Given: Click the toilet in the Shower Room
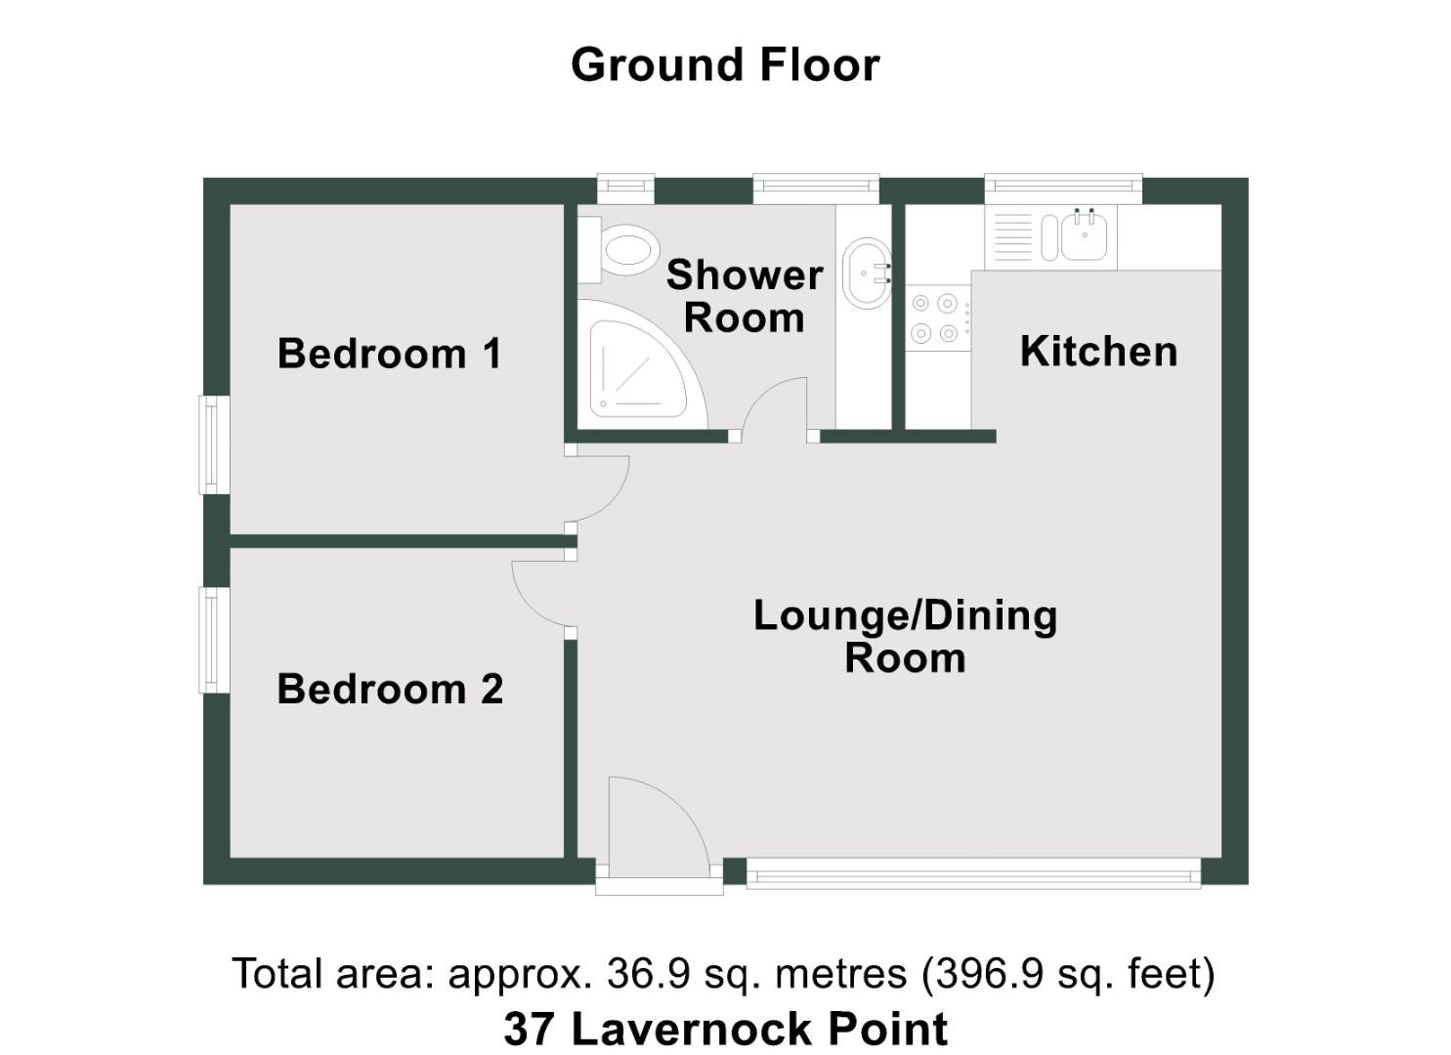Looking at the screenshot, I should point(625,250).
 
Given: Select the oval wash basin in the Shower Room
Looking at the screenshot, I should point(866,273).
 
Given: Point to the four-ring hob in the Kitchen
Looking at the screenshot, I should point(935,318).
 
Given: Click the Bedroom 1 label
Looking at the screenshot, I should point(389,354).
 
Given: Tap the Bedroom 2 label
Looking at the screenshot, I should point(390,690).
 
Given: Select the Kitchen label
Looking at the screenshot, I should point(1098,352).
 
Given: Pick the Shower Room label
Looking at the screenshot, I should point(745,296).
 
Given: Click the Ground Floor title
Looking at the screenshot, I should point(725,65).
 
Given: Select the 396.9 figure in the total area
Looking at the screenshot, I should point(976,974).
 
